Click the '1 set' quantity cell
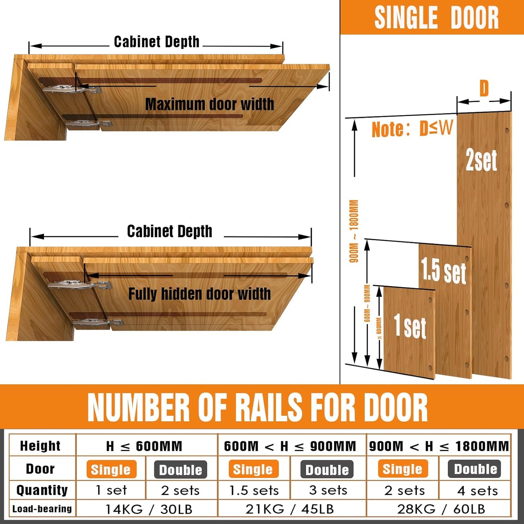(x=111, y=490)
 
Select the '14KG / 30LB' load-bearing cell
(x=148, y=509)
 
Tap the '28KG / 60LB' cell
(x=441, y=509)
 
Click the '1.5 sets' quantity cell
(x=254, y=490)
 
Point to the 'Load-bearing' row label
(x=42, y=509)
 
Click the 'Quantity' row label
(x=42, y=490)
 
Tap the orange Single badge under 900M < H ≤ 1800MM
(x=403, y=469)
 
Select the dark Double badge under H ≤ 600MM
(x=181, y=470)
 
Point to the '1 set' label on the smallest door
(x=410, y=326)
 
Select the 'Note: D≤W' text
(x=412, y=129)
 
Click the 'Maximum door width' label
(x=210, y=104)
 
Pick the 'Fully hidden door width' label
(x=199, y=294)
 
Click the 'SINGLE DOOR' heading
(x=436, y=18)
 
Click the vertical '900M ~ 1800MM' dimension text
(x=354, y=231)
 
